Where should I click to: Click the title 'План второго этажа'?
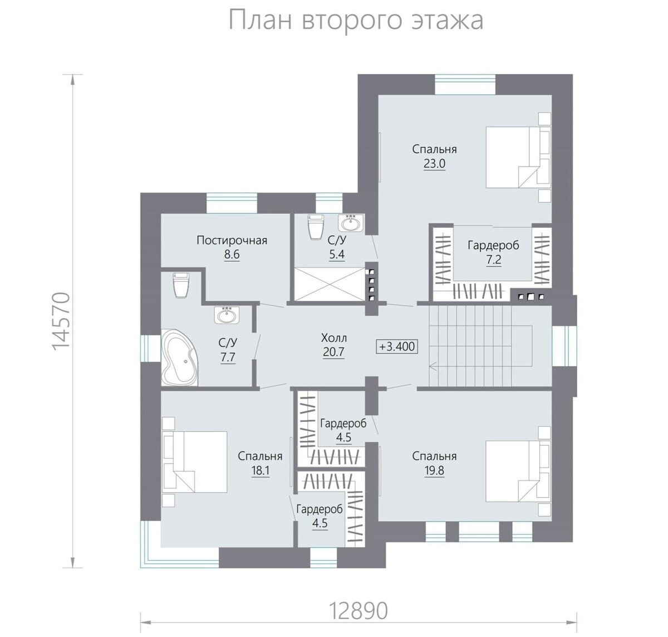coord(356,21)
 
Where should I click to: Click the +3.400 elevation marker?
coord(397,346)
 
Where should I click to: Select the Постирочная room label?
coord(232,240)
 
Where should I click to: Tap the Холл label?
coord(333,338)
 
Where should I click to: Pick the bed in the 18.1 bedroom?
coord(194,461)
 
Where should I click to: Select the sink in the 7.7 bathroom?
coord(227,316)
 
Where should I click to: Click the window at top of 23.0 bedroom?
coord(464,84)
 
